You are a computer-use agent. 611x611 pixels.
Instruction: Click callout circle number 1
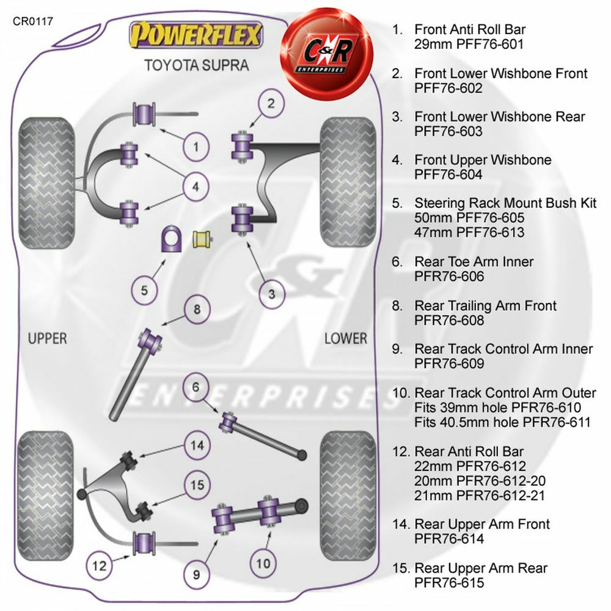196,147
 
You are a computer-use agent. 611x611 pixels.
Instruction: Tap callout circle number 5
144,290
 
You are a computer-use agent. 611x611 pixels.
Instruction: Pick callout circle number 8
197,309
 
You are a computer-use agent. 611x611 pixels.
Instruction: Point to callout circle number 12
99,565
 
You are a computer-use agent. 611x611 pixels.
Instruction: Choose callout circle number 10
263,562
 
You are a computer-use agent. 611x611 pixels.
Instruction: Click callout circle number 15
197,485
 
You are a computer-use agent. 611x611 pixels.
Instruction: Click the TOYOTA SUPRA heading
196,65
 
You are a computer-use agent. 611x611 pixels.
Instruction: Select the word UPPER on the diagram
48,338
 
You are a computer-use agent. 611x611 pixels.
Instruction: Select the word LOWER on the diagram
345,338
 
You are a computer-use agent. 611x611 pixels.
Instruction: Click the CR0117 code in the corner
33,21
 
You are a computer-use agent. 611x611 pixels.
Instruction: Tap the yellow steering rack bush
202,240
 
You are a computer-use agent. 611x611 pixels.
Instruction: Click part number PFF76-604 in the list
448,175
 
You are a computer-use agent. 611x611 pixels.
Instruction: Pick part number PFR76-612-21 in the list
480,496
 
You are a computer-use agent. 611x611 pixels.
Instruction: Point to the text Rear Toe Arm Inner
474,262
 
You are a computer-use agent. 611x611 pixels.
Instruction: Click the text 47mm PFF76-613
469,232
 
